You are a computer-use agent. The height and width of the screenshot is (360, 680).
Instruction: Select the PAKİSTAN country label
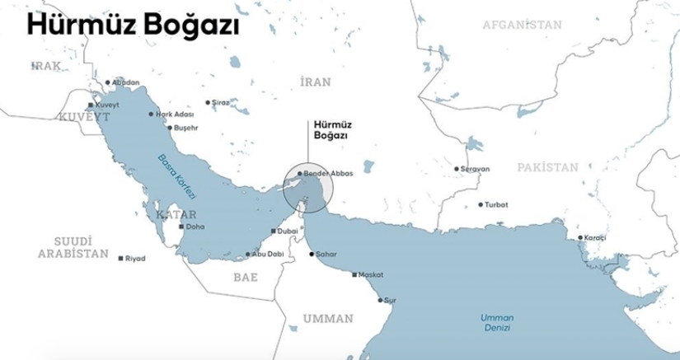pos(548,167)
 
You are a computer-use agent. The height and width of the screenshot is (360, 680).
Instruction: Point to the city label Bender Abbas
pos(328,175)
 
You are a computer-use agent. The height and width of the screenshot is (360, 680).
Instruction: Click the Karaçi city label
pos(594,237)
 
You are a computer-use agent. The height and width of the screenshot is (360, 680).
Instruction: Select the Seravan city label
pos(475,169)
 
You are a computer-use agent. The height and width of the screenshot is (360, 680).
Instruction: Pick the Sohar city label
pos(327,255)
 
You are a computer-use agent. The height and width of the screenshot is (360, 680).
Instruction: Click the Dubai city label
pos(288,231)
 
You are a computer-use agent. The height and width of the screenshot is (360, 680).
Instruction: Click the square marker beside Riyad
pos(121,259)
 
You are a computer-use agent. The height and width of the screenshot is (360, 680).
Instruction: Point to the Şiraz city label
pos(220,103)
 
